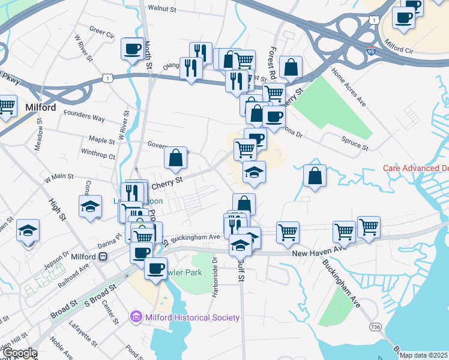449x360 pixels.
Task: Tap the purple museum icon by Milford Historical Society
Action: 136,317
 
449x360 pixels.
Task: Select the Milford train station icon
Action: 103,256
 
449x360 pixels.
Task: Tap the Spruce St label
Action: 356,144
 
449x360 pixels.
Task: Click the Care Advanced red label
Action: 415,168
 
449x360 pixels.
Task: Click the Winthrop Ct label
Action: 98,155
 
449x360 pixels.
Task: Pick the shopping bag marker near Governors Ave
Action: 175,158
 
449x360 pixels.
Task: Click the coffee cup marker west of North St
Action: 132,49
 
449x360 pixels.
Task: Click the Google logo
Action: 19,353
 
